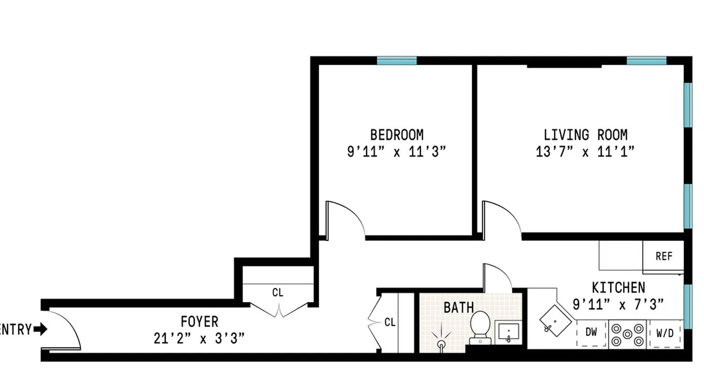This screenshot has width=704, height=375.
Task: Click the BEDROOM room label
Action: click(397, 135)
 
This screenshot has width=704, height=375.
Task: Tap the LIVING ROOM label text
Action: click(585, 135)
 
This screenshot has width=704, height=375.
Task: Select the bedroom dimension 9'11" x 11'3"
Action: click(396, 152)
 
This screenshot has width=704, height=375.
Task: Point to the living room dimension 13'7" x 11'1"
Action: click(585, 152)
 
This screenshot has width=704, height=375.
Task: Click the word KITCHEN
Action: click(618, 287)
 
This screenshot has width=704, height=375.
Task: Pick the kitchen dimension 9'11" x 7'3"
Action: click(618, 305)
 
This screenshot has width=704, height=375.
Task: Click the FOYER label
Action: click(199, 322)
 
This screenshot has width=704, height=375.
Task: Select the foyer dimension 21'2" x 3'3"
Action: click(199, 338)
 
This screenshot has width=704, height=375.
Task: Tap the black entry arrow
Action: click(41, 330)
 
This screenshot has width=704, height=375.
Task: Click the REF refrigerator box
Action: click(664, 256)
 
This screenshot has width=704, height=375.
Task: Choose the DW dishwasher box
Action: click(591, 333)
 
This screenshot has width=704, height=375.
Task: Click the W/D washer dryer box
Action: click(665, 334)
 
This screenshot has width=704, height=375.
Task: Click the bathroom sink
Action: click(508, 333)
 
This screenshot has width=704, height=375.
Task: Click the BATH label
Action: click(459, 308)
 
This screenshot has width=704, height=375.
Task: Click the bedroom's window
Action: click(397, 61)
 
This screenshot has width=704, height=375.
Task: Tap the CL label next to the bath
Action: click(390, 322)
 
